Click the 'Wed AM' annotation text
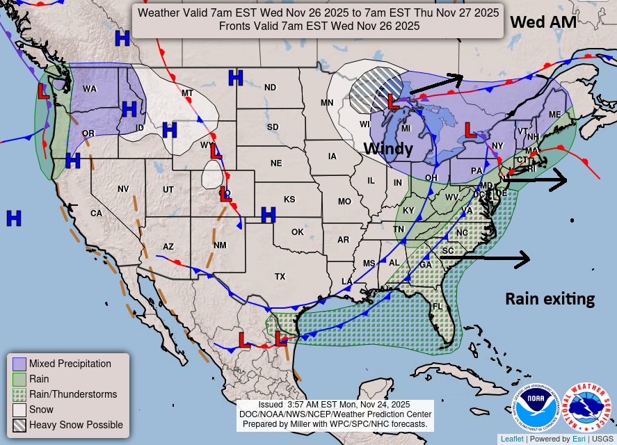(x=543, y=22)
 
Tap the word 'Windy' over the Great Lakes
(x=388, y=149)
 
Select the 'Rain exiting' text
(x=550, y=299)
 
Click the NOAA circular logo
(x=536, y=407)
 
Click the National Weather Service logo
(x=586, y=407)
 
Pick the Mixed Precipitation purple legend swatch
(x=19, y=364)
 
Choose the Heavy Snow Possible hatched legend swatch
(x=19, y=425)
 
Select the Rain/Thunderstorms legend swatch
(x=19, y=394)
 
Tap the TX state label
(x=280, y=276)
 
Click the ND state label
(x=270, y=88)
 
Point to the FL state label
(x=438, y=306)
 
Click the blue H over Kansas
(x=269, y=215)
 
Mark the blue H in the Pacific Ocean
(x=13, y=218)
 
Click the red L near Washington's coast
(x=43, y=90)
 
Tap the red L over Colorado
(x=225, y=195)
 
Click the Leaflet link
(x=512, y=439)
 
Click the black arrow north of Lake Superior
(x=436, y=83)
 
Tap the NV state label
(x=123, y=189)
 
